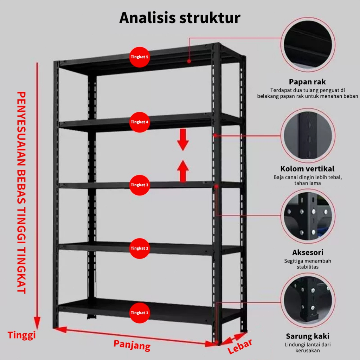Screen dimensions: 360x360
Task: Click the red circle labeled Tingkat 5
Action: (x=140, y=57)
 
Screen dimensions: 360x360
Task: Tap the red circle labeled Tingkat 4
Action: (x=140, y=122)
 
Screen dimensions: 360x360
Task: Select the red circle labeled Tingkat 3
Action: (x=140, y=185)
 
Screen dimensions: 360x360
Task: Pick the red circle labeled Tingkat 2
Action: (x=140, y=249)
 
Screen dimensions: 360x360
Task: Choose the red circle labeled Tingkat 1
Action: (x=140, y=313)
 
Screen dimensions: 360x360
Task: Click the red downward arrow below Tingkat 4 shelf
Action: (x=183, y=140)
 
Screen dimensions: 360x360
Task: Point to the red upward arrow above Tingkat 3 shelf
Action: (x=183, y=171)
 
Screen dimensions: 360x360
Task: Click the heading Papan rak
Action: (x=307, y=82)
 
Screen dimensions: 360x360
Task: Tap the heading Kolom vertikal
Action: (x=307, y=169)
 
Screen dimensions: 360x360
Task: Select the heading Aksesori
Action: (x=308, y=252)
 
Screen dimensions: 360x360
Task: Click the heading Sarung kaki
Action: (x=308, y=336)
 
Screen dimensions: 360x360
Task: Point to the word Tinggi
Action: (x=22, y=335)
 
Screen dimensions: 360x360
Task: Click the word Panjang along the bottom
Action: (x=132, y=346)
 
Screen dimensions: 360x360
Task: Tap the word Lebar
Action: (x=240, y=346)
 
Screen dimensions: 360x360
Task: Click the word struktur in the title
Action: (x=210, y=18)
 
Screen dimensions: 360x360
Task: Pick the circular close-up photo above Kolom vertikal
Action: (x=308, y=135)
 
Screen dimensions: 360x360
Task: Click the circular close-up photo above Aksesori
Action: (x=308, y=217)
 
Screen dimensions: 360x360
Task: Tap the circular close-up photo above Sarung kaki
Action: (x=308, y=301)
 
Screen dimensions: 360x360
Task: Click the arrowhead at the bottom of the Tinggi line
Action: (x=37, y=323)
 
